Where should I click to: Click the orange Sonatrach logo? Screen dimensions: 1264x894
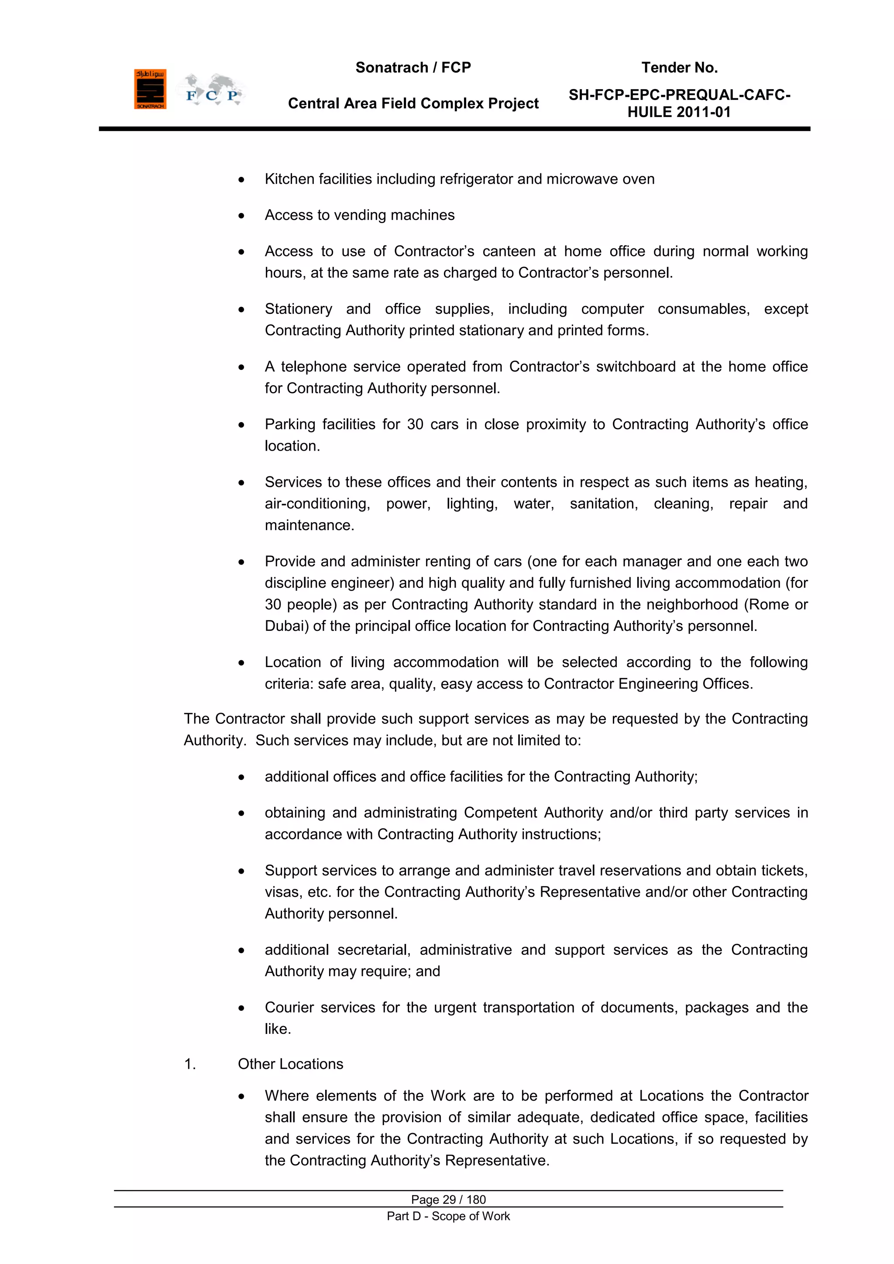coord(150,89)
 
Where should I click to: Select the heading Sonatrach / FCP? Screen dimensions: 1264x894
coord(413,68)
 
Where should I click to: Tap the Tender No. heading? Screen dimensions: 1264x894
coord(679,68)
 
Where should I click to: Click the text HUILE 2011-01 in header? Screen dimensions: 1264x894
coord(679,112)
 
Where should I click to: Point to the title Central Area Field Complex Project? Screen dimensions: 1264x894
coord(413,103)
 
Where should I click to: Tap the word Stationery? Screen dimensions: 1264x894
coord(299,310)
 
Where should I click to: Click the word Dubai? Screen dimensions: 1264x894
coord(286,627)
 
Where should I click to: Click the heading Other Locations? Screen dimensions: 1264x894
coord(290,1064)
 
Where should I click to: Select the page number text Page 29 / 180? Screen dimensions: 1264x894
coord(448,1199)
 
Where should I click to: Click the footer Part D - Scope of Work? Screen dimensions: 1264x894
coord(448,1216)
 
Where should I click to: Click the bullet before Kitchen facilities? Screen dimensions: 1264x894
coord(241,180)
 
